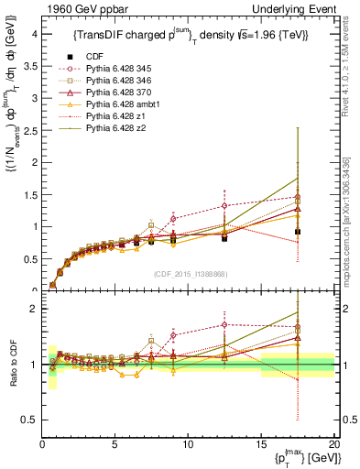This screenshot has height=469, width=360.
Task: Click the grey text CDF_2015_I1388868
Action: point(188,273)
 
